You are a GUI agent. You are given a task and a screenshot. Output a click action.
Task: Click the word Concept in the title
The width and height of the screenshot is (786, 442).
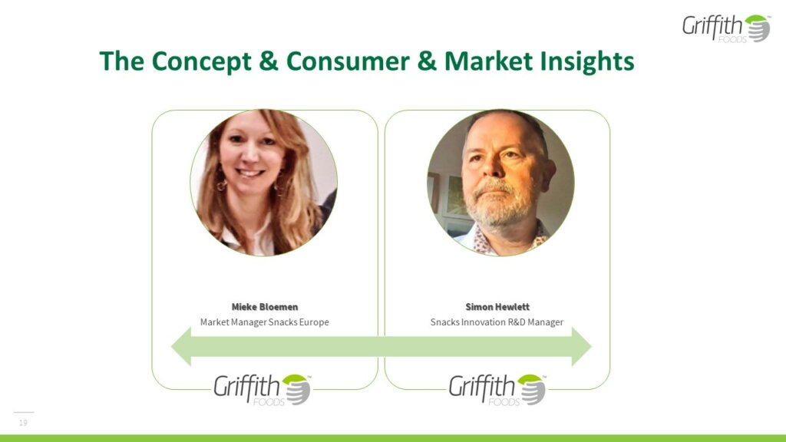(x=202, y=62)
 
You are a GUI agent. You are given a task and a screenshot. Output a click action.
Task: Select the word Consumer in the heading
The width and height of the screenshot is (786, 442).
(x=348, y=61)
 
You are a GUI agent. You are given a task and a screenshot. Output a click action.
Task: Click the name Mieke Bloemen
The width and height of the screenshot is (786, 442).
(x=265, y=307)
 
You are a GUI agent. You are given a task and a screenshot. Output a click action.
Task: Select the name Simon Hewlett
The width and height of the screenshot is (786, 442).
(x=497, y=307)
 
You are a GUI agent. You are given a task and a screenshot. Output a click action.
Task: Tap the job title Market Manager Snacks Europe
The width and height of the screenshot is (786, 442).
(x=265, y=322)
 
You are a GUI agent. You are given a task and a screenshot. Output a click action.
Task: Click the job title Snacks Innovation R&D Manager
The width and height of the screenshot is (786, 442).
(x=497, y=322)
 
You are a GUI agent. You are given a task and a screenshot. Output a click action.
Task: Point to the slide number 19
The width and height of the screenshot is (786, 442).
(x=23, y=423)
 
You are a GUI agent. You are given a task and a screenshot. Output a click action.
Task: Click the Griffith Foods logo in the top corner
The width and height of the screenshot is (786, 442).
(x=726, y=28)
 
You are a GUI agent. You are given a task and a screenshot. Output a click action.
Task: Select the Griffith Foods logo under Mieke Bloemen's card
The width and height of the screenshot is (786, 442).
(x=263, y=390)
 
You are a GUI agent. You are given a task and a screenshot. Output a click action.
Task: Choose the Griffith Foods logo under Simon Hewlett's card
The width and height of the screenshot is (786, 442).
(x=497, y=390)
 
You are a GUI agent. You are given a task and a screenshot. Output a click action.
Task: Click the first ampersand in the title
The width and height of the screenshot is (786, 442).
(x=269, y=62)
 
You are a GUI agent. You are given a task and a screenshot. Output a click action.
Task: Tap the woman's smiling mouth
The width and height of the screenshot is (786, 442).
(x=250, y=173)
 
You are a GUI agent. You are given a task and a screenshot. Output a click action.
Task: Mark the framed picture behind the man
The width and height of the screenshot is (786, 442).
(x=455, y=196)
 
